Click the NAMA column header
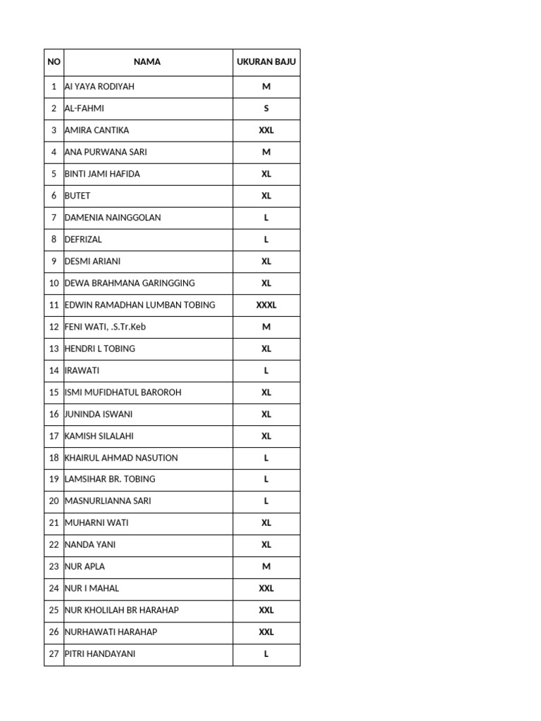(x=147, y=62)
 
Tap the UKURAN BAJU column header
(x=266, y=62)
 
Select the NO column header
(x=54, y=62)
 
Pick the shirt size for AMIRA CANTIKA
(x=266, y=130)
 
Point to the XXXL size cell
(x=266, y=305)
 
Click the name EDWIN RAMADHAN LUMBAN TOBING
(x=139, y=305)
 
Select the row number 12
(x=54, y=327)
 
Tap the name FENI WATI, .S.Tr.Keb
(x=105, y=327)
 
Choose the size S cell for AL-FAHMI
(x=266, y=108)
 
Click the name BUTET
(x=77, y=196)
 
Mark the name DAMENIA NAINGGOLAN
(x=113, y=218)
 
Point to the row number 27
(x=54, y=653)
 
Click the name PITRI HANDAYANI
(x=100, y=653)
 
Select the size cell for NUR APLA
(x=266, y=566)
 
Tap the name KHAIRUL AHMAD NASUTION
(x=121, y=458)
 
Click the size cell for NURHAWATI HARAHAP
(x=266, y=632)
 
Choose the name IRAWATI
(x=82, y=370)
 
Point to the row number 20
(x=54, y=501)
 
